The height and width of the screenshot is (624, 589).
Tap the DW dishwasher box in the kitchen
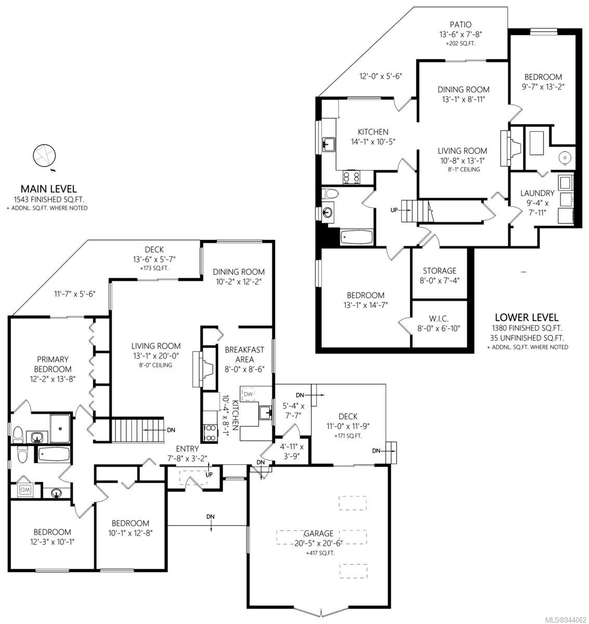coord(248,394)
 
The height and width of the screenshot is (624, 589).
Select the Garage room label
coord(318,533)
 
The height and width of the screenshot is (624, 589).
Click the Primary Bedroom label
coord(53,364)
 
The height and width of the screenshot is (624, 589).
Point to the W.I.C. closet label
coord(439,319)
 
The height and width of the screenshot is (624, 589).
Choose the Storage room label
coord(440,271)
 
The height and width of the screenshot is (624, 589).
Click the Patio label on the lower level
coord(461,24)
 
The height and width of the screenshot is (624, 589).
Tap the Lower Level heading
coord(527,317)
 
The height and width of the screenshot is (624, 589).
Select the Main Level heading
coord(48,188)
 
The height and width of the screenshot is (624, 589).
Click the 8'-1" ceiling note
coord(464,170)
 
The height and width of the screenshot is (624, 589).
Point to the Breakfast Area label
coord(244,354)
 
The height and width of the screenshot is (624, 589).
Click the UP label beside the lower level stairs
coord(394,210)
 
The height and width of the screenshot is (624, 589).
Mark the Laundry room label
coord(538,193)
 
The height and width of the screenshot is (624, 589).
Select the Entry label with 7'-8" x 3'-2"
coord(187,454)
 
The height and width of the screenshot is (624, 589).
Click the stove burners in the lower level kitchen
coord(351,177)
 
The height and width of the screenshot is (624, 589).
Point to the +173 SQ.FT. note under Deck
coord(154,268)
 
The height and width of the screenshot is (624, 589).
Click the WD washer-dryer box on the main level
coord(25,489)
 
